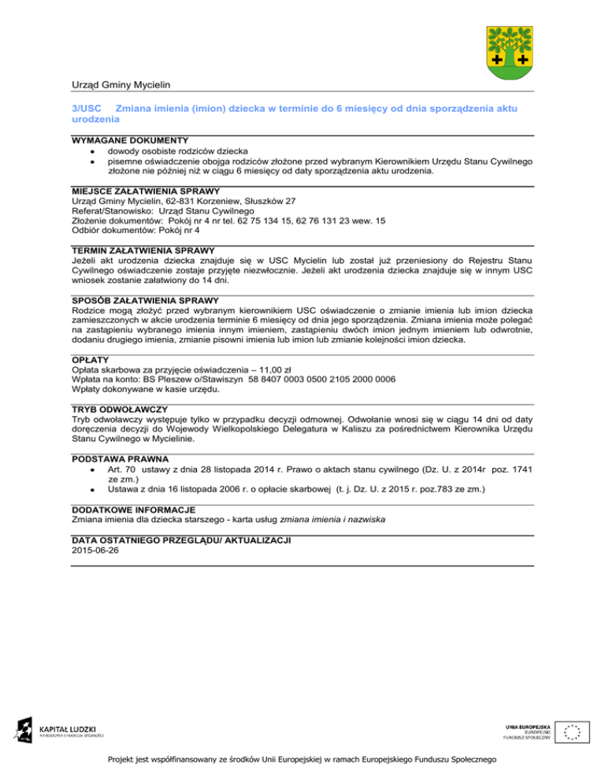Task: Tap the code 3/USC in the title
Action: click(x=82, y=106)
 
